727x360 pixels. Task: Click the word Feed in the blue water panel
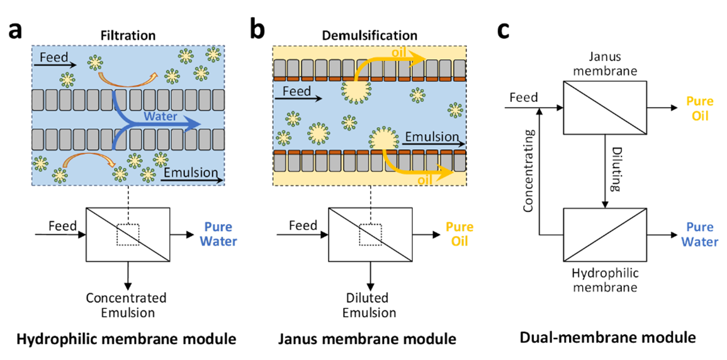click(54, 57)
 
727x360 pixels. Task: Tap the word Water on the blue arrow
click(160, 116)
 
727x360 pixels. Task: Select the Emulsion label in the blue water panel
click(190, 172)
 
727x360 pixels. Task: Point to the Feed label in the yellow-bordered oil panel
click(296, 91)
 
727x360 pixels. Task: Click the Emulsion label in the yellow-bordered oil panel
click(432, 137)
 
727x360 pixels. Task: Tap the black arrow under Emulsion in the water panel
click(191, 181)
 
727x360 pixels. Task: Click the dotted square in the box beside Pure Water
click(128, 235)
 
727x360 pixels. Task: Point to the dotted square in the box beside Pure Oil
click(370, 235)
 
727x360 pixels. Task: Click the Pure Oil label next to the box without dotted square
click(700, 109)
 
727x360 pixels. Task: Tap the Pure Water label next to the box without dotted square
click(700, 234)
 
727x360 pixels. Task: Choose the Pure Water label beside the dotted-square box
click(218, 234)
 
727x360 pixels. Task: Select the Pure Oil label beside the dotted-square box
click(459, 234)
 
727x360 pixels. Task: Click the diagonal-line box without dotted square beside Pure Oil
click(605, 108)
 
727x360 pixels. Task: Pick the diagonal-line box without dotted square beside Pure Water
click(605, 235)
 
